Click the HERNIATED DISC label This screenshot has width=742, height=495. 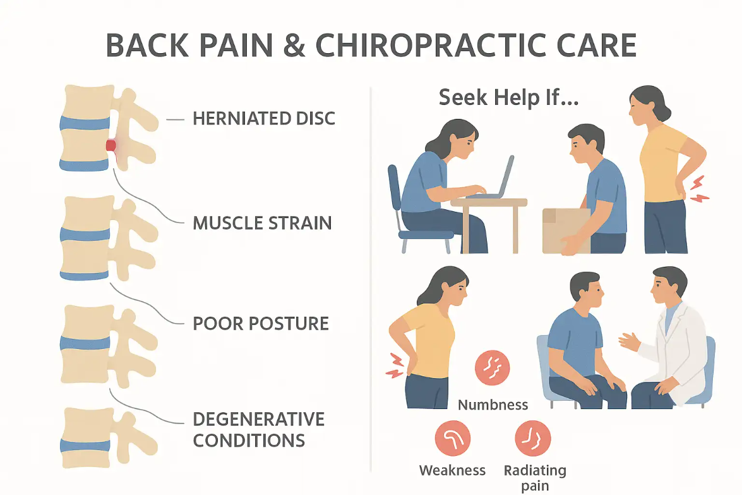pyautogui.click(x=263, y=118)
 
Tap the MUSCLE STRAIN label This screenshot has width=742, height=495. pyautogui.click(x=262, y=223)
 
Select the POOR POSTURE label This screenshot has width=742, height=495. pyautogui.click(x=260, y=324)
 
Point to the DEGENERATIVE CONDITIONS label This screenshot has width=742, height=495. pyautogui.click(x=258, y=429)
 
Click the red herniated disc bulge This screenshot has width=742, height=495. pyautogui.click(x=111, y=146)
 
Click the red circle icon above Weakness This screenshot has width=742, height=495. pyautogui.click(x=452, y=439)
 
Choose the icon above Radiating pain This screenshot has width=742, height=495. pyautogui.click(x=533, y=439)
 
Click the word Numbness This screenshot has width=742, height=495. pyautogui.click(x=493, y=405)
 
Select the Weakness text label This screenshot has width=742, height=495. pyautogui.click(x=452, y=470)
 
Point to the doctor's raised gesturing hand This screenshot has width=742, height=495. pyautogui.click(x=630, y=342)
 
